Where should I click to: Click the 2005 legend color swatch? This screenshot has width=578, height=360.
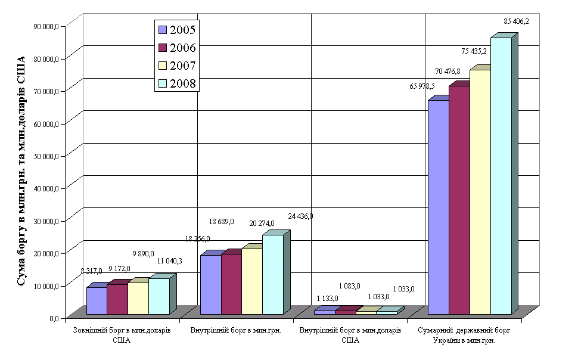coord(161,29)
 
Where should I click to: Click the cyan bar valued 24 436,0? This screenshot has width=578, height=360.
coord(272,274)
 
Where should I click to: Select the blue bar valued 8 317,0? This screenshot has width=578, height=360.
coord(97,300)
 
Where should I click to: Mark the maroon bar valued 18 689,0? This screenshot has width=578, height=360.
coord(231,284)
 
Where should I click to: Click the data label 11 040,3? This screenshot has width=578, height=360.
coord(170,261)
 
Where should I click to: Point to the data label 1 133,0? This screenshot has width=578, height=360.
coord(327,298)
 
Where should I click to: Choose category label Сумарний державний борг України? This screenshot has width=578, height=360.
coord(464,335)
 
